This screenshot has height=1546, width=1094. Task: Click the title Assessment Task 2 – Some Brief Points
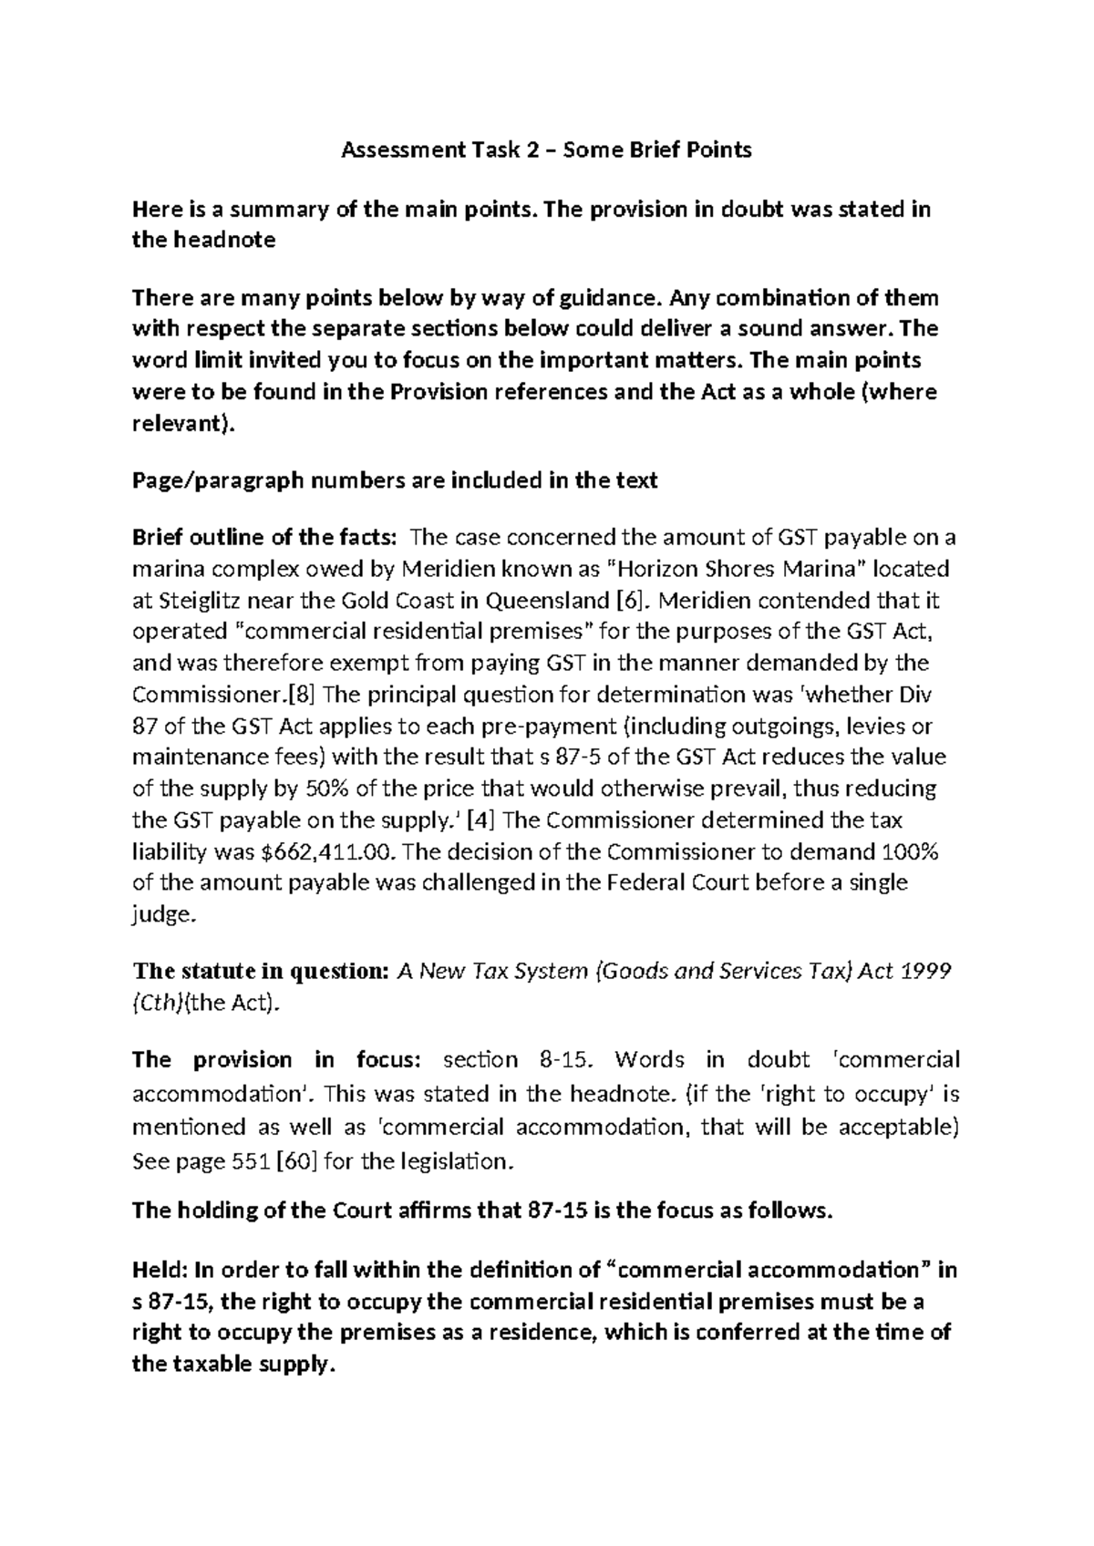[x=546, y=150]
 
